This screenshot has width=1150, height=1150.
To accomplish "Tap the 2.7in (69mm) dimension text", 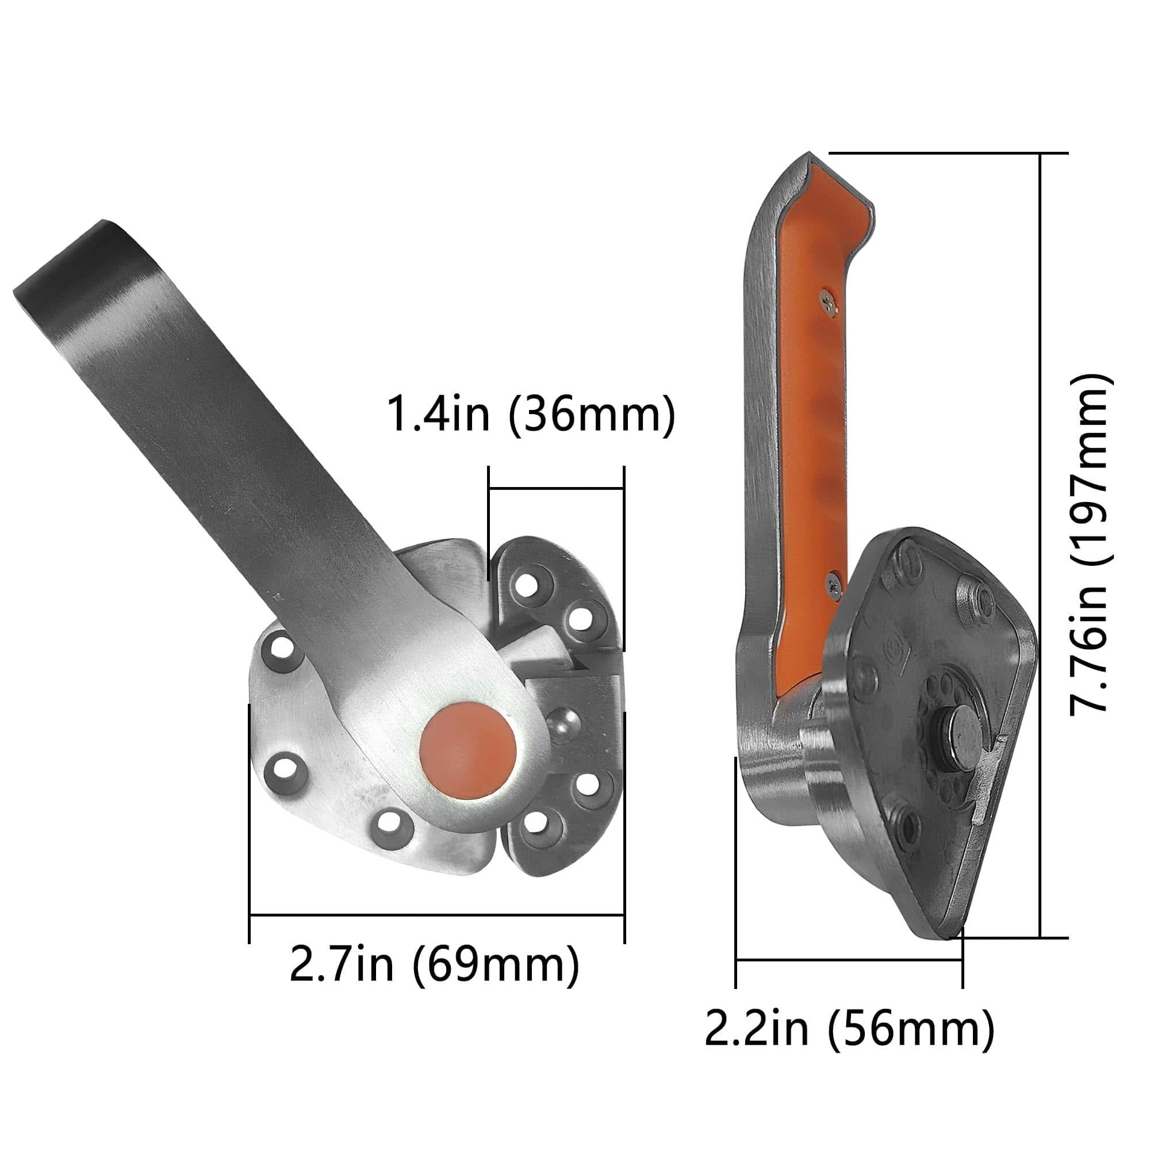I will click(x=434, y=964).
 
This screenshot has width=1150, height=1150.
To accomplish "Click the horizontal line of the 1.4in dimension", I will click(x=556, y=489).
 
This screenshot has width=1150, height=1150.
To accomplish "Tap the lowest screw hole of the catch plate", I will click(x=536, y=822).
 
